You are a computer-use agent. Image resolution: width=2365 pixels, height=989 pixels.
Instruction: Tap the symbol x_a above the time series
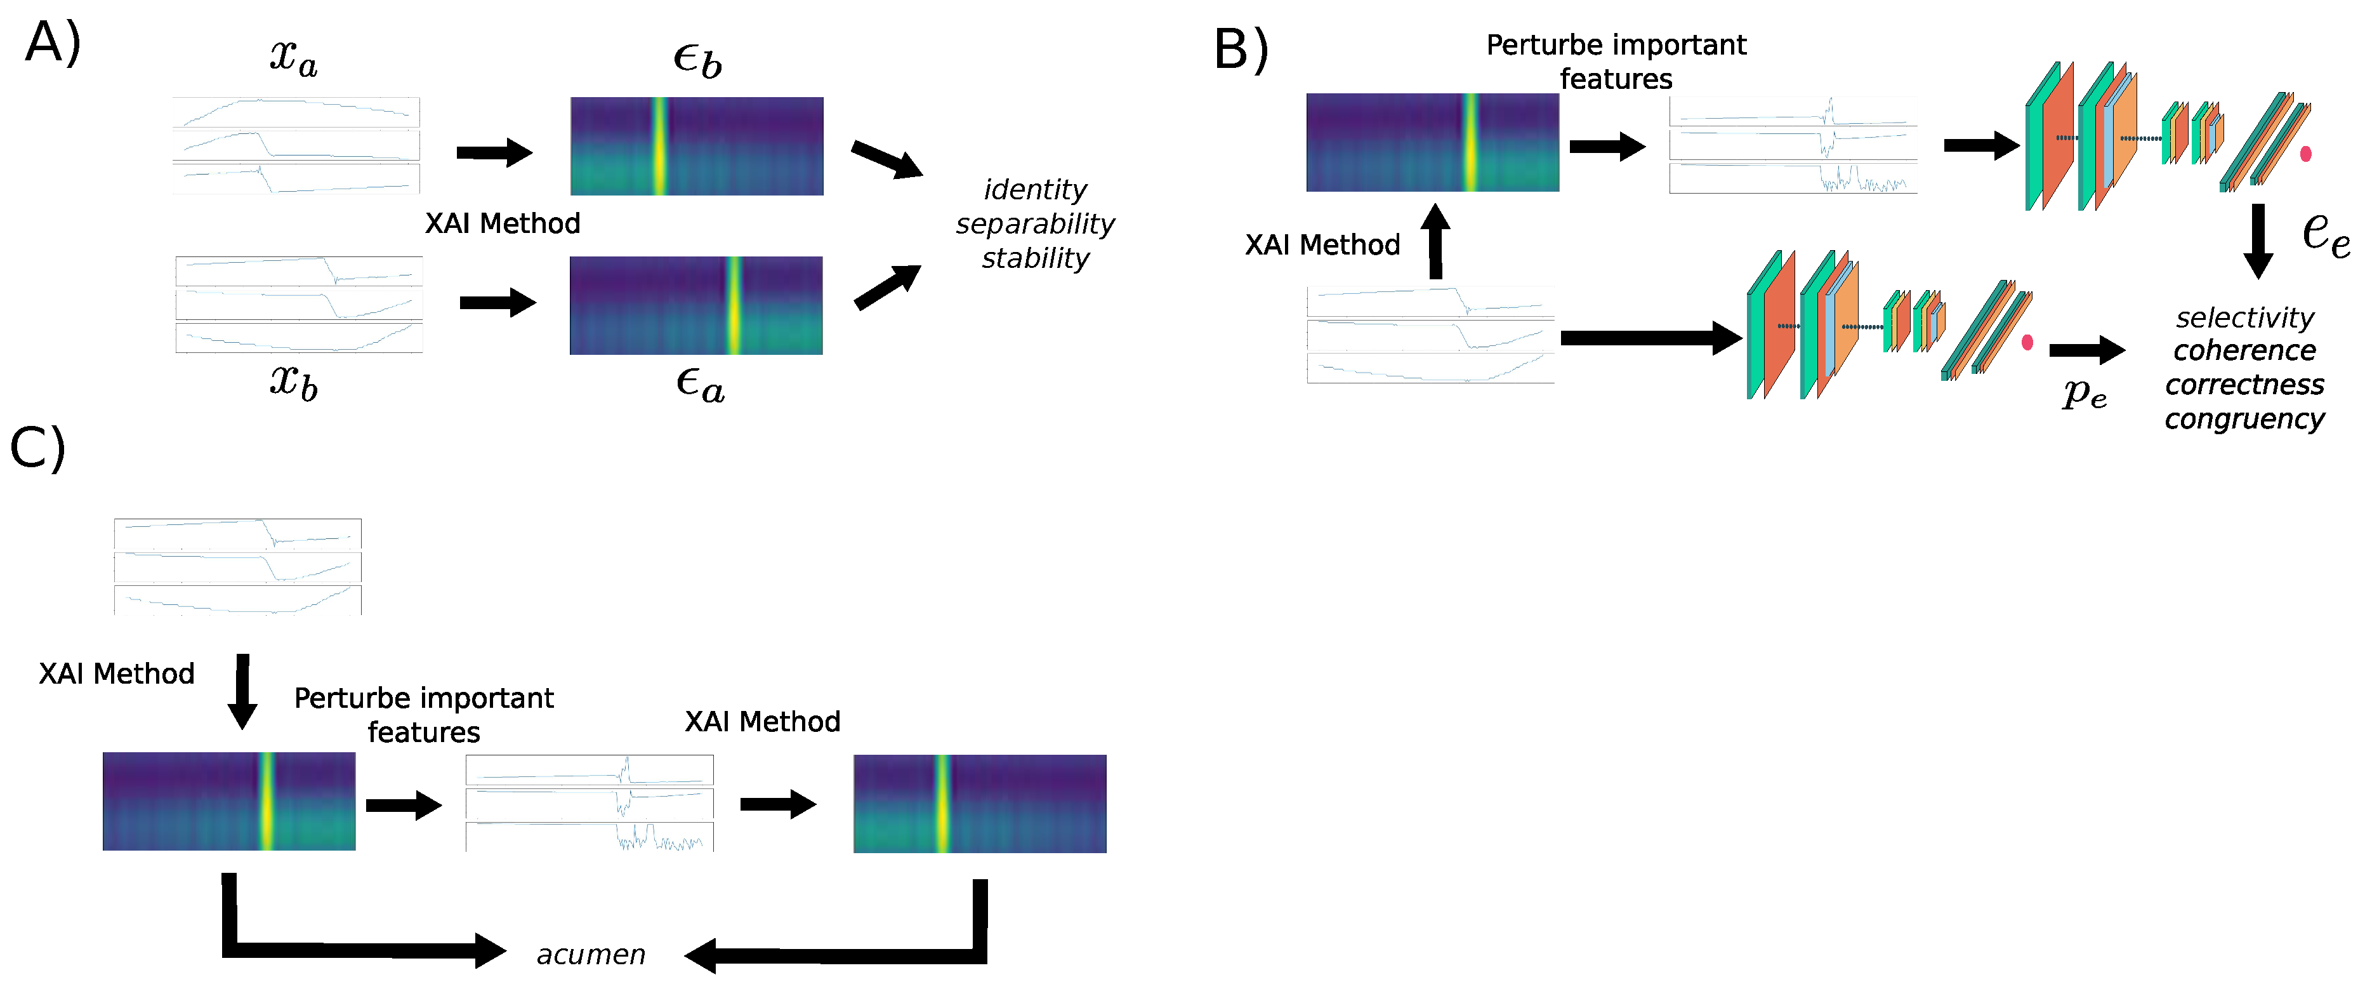(x=294, y=57)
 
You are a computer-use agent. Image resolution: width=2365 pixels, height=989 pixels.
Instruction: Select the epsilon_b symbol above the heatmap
(x=697, y=60)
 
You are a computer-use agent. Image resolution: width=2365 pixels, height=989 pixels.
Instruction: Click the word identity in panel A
(x=1035, y=190)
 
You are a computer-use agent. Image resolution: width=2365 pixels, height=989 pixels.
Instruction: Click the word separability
(x=1035, y=224)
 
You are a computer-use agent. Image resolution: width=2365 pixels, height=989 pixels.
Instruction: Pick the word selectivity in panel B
(x=2244, y=318)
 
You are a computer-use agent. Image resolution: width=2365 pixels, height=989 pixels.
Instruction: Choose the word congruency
(x=2244, y=419)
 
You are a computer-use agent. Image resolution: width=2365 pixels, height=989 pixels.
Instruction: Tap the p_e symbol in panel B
(x=2084, y=393)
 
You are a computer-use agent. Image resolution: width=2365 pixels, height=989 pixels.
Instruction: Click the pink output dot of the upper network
(x=2305, y=154)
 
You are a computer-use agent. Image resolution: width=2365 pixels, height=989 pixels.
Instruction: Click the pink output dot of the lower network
(x=2027, y=343)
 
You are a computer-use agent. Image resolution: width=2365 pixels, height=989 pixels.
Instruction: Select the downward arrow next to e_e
(x=2258, y=241)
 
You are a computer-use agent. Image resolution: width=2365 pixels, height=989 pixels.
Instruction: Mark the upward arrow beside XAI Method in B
(x=1435, y=241)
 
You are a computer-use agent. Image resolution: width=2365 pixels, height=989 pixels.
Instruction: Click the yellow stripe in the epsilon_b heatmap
(x=659, y=146)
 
